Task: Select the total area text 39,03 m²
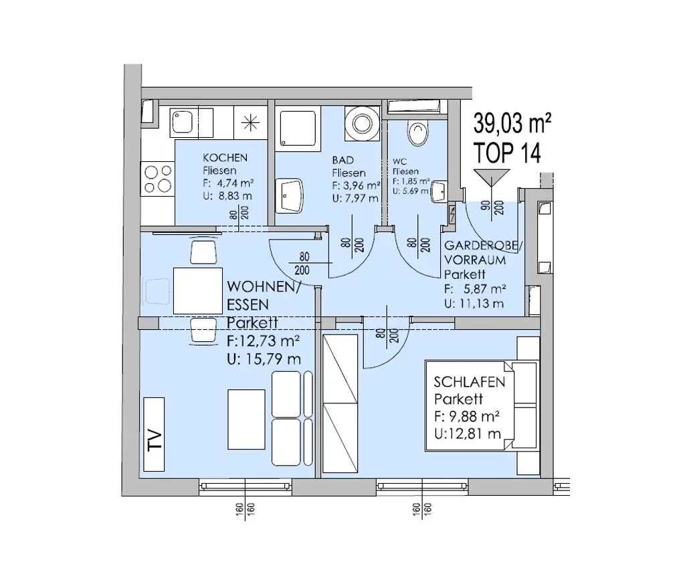click(512, 123)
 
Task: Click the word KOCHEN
click(225, 158)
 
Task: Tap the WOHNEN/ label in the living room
click(264, 287)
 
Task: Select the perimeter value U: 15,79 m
click(264, 359)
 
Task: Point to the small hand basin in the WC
click(441, 191)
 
